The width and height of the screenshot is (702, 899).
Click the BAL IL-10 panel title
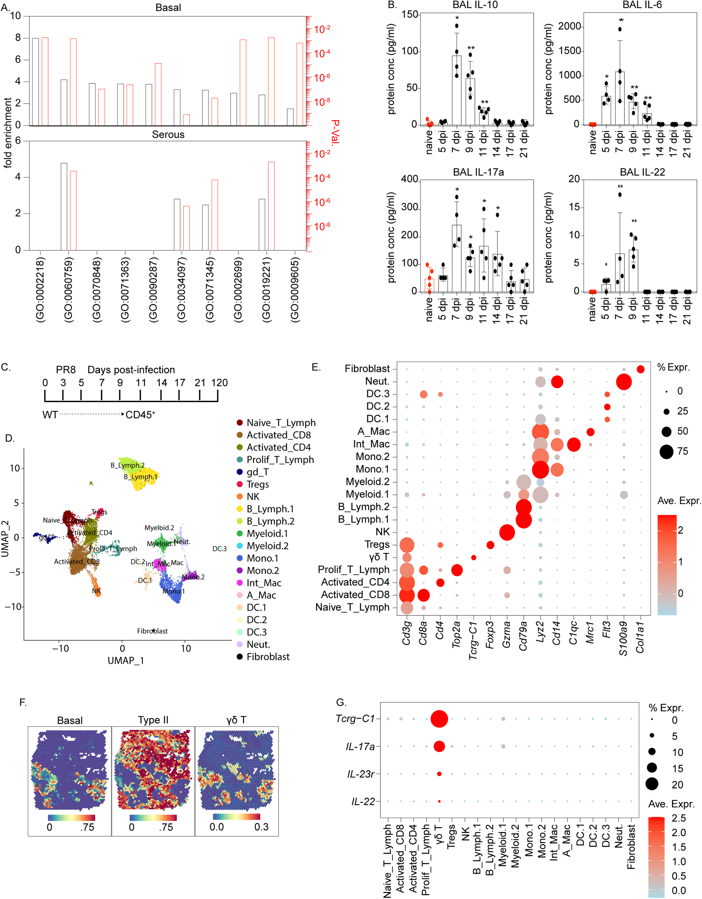pos(475,5)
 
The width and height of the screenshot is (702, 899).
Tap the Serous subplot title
pos(168,134)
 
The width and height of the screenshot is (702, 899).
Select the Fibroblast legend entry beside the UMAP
pos(267,657)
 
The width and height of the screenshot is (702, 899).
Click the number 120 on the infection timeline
pos(219,383)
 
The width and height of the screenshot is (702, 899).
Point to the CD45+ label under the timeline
pos(140,415)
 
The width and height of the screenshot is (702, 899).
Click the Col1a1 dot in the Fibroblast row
pos(640,369)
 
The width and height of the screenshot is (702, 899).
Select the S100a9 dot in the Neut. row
pos(624,382)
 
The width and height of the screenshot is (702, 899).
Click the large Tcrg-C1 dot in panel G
pos(439,719)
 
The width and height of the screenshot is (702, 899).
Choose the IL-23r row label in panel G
pos(361,774)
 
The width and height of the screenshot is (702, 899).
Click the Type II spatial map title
pos(153,720)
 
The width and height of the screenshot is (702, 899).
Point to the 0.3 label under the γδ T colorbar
pos(261,827)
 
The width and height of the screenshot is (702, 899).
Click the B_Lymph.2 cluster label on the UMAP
pos(127,465)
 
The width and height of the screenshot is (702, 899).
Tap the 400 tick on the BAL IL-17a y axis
pos(409,179)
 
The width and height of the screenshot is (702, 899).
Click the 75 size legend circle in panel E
pos(666,452)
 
